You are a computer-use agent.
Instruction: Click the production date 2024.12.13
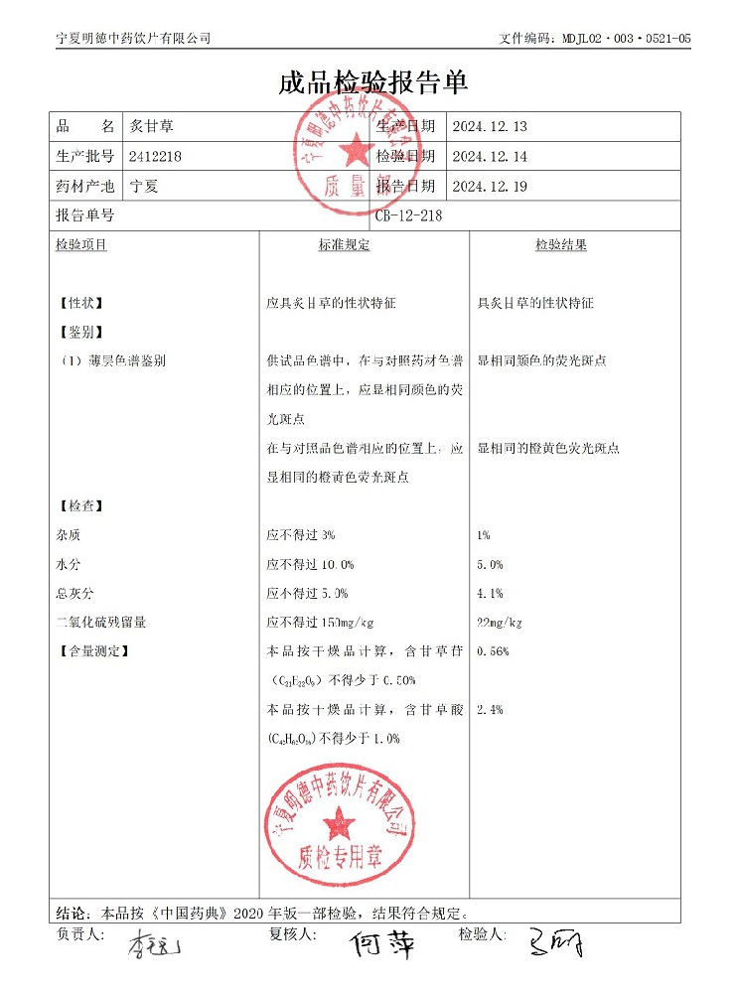pos(489,127)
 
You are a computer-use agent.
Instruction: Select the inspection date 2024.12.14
pos(489,156)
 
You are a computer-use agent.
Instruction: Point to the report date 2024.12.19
pos(489,186)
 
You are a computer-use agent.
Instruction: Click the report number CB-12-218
pos(408,214)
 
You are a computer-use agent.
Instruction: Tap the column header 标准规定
pos(344,245)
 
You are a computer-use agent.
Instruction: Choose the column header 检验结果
pos(561,245)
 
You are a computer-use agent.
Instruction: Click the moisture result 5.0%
pos(490,565)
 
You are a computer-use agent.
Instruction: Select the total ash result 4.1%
pos(490,594)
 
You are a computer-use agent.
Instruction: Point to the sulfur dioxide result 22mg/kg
pos(500,623)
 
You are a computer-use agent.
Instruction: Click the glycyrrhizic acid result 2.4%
pos(490,710)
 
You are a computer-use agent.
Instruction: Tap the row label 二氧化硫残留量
pos(102,623)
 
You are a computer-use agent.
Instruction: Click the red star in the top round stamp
pos(354,150)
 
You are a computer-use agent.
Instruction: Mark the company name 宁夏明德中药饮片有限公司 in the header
pos(134,38)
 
